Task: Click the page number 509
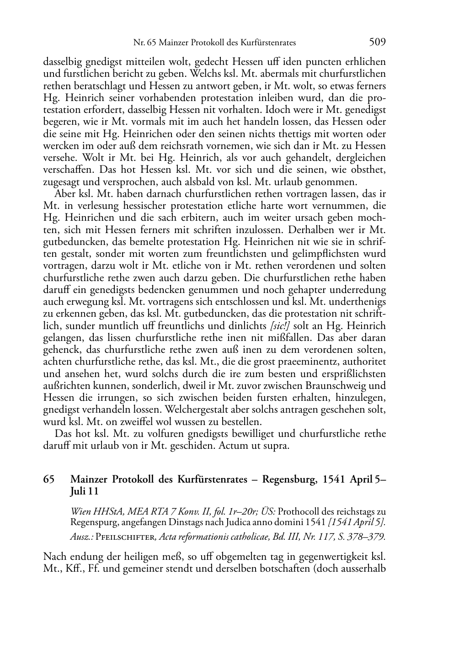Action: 378,42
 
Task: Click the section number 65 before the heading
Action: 49,479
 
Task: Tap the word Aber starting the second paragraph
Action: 64,194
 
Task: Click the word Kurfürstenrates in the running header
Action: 271,43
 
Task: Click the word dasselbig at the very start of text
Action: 61,62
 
